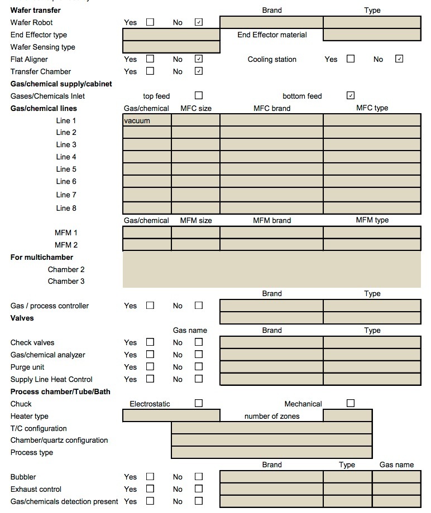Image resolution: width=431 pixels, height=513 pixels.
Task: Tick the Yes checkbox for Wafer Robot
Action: (x=150, y=22)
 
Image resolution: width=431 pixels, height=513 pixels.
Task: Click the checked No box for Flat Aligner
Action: (x=199, y=59)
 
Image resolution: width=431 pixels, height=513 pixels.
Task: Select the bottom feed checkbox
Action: (x=351, y=95)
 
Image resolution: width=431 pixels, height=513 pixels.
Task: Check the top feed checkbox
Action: (x=199, y=95)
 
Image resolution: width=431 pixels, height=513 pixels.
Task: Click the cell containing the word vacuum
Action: (x=147, y=120)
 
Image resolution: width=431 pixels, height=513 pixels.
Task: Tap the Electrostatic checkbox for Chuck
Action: (x=199, y=403)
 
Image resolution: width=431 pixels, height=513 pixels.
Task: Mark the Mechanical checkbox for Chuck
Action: (x=351, y=403)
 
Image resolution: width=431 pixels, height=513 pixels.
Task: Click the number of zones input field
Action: (x=347, y=415)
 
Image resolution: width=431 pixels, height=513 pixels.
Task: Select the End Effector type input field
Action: (x=171, y=35)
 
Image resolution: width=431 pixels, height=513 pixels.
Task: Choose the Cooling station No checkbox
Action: (x=399, y=59)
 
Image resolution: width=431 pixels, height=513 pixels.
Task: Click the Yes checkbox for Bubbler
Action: (x=150, y=477)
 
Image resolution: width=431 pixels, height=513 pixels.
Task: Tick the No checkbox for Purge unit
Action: (x=199, y=367)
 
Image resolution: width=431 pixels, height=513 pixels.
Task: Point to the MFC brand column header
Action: (x=272, y=108)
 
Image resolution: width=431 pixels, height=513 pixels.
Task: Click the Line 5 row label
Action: (x=66, y=169)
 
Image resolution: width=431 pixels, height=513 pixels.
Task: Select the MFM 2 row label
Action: (x=66, y=245)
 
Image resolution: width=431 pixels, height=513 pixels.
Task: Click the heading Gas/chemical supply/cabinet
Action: (x=61, y=84)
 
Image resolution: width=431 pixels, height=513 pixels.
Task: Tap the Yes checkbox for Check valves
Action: (x=150, y=342)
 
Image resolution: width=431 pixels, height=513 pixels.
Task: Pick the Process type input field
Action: (x=271, y=452)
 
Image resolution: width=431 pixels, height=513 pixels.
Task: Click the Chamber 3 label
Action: (x=66, y=281)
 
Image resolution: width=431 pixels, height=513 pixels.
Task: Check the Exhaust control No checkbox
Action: (x=199, y=489)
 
